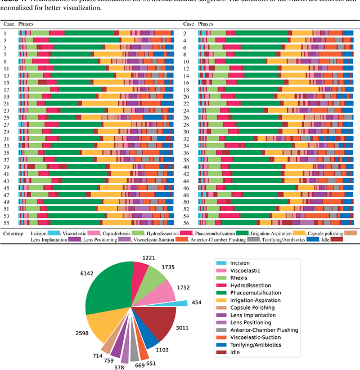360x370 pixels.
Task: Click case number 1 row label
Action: [x=5, y=34]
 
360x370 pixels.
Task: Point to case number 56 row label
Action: [x=187, y=223]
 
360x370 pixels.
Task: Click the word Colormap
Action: [x=13, y=232]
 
